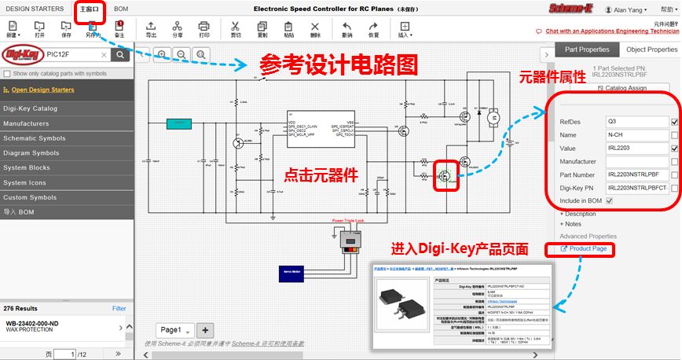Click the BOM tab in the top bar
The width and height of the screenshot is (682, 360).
[x=121, y=9]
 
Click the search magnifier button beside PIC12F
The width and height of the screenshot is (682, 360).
[x=119, y=55]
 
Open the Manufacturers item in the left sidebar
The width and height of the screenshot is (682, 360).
[x=27, y=123]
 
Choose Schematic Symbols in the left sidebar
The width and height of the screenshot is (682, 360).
[x=32, y=138]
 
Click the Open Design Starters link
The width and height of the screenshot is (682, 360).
[x=43, y=90]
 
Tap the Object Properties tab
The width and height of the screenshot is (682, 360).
[x=651, y=50]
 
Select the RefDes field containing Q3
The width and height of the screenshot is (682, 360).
[x=636, y=122]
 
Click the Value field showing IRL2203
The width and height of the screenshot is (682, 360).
[x=636, y=148]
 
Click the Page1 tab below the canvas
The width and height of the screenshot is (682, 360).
[x=174, y=330]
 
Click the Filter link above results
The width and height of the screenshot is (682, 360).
[x=119, y=309]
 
